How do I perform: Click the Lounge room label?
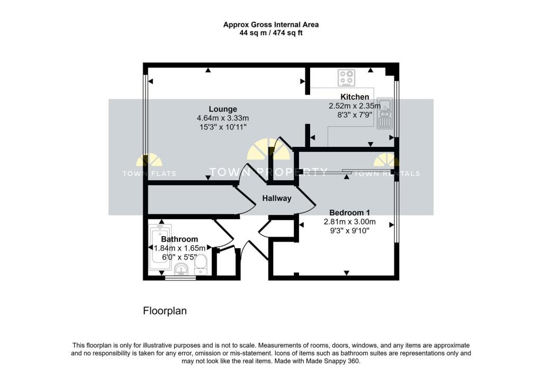point(222,109)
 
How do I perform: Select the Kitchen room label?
point(355,97)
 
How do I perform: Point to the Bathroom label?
point(180,239)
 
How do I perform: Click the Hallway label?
point(277,199)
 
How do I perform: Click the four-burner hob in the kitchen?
point(347,79)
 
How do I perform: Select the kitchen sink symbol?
point(384,114)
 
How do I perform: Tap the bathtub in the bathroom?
point(159,247)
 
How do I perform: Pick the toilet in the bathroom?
point(201,264)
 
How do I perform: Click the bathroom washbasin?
point(181,270)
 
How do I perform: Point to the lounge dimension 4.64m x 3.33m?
point(222,118)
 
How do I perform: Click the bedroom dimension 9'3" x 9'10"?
point(349,231)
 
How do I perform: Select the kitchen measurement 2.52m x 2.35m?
point(355,106)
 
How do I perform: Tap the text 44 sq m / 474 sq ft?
point(270,33)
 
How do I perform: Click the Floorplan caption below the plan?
point(165,311)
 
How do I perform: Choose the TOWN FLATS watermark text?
point(149,173)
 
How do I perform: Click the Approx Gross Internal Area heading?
point(270,24)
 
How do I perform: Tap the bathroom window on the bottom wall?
point(180,278)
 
